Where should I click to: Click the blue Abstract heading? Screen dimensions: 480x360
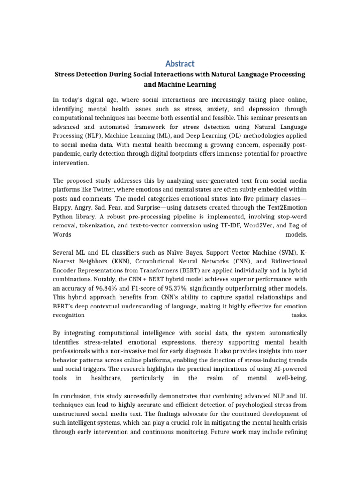pos(180,63)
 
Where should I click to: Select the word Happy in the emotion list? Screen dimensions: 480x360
pos(63,207)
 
